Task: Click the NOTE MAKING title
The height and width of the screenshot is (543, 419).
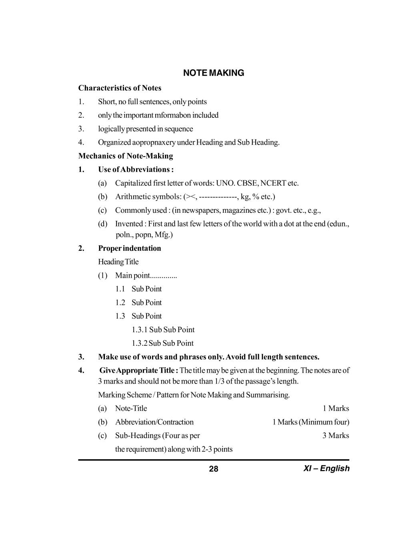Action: click(x=213, y=73)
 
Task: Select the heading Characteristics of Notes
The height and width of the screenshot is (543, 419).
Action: click(x=120, y=88)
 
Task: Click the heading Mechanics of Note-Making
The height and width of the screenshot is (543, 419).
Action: click(x=126, y=156)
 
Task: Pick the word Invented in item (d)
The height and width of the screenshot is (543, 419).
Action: click(x=129, y=224)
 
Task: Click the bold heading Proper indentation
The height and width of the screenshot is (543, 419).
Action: click(x=130, y=248)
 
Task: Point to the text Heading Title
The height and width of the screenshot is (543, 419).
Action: click(x=118, y=262)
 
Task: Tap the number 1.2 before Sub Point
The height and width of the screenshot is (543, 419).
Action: click(x=120, y=303)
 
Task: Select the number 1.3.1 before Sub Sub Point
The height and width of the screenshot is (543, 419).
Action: click(x=139, y=330)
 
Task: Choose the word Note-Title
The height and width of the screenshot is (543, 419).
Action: click(x=131, y=408)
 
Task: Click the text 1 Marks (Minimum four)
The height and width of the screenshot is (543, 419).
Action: click(x=311, y=422)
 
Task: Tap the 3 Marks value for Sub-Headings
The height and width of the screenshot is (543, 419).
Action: click(x=335, y=436)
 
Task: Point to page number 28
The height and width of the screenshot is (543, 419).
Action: click(x=213, y=469)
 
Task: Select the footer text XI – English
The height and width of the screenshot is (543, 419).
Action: click(x=326, y=468)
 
